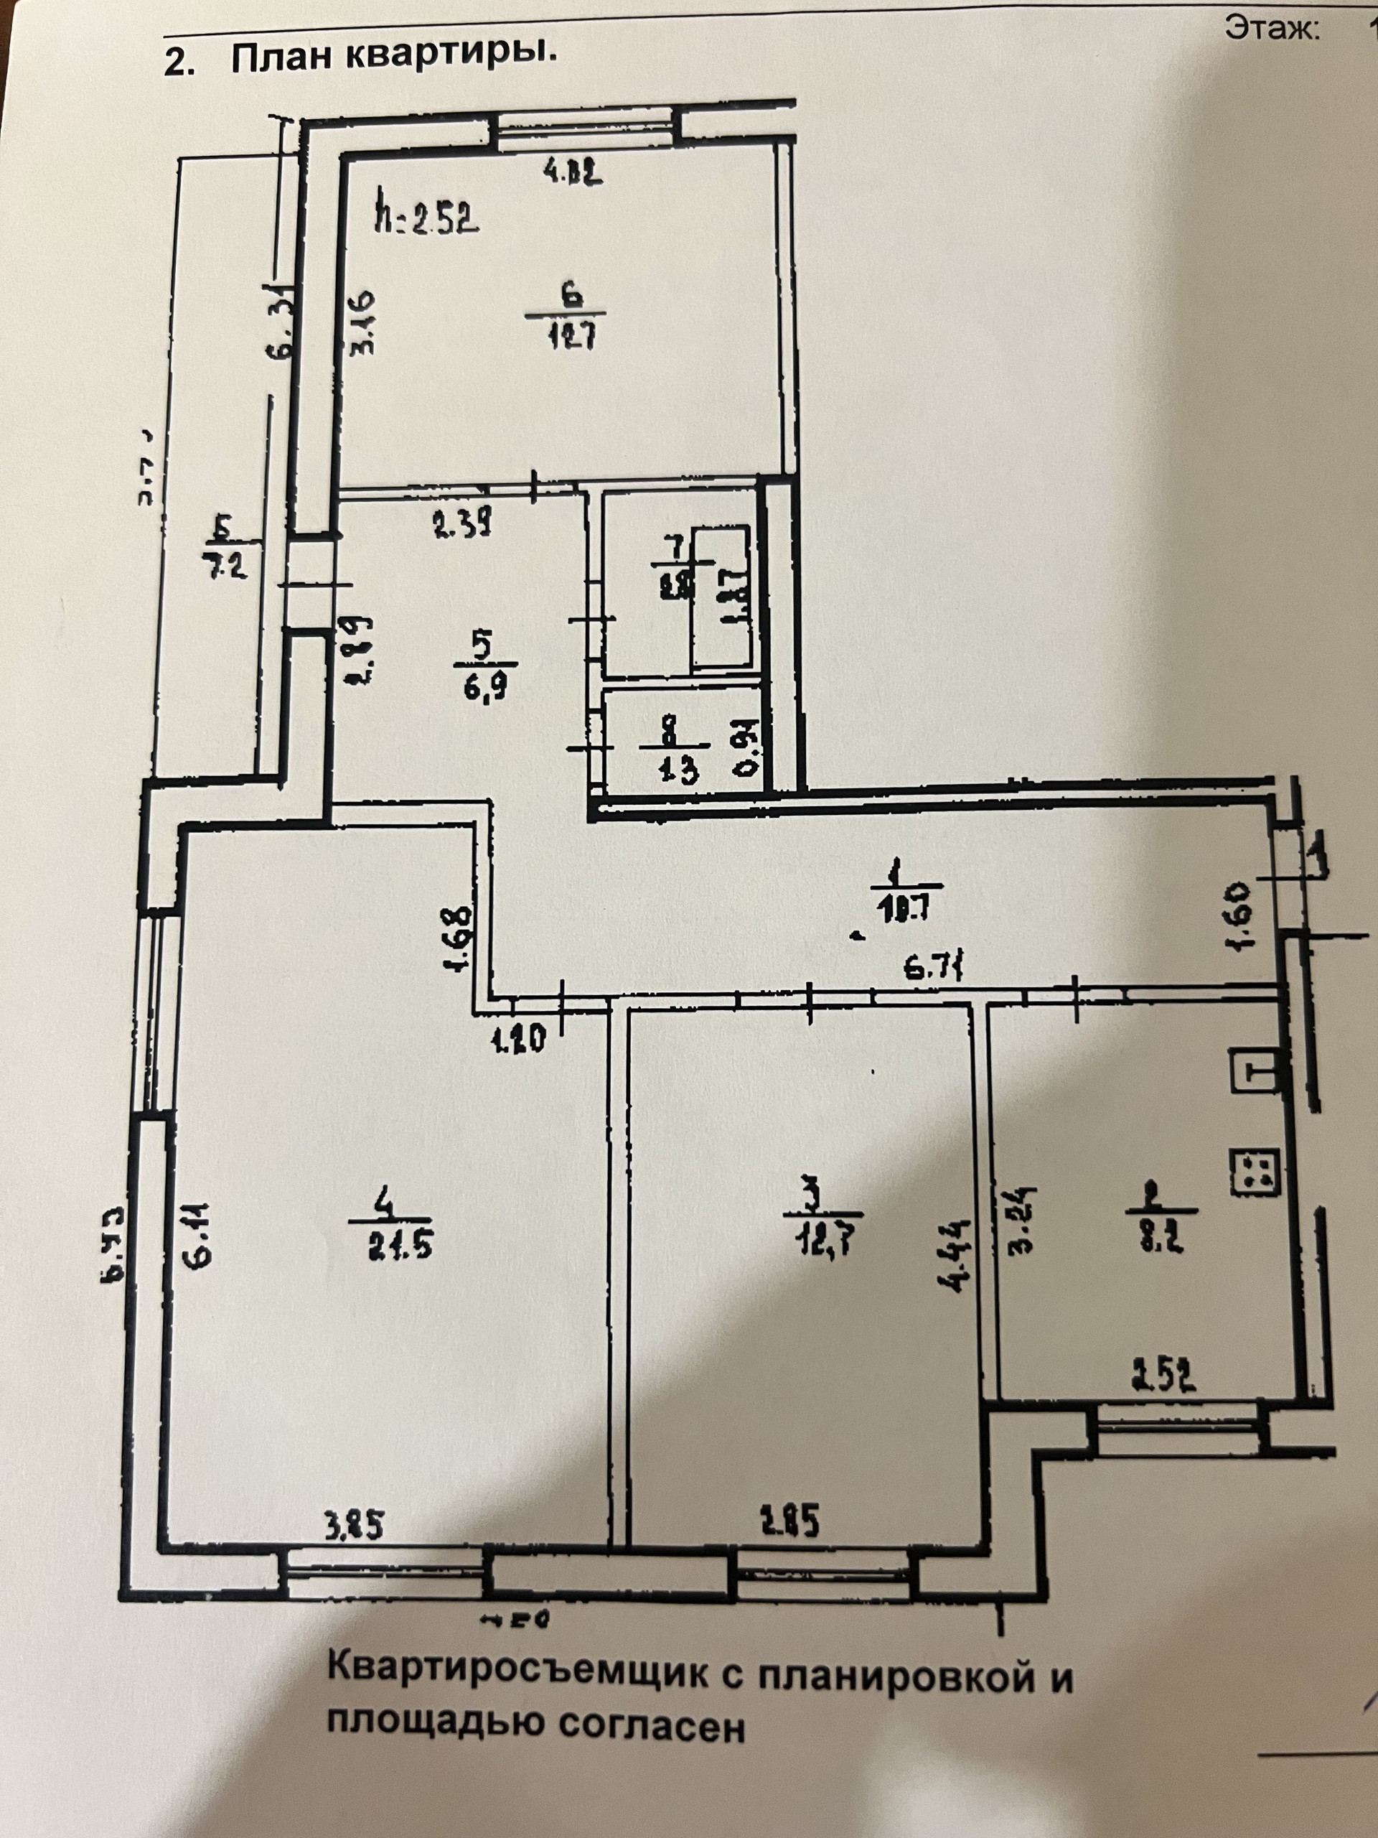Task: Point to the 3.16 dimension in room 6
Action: click(x=363, y=322)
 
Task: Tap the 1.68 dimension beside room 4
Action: click(x=461, y=939)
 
